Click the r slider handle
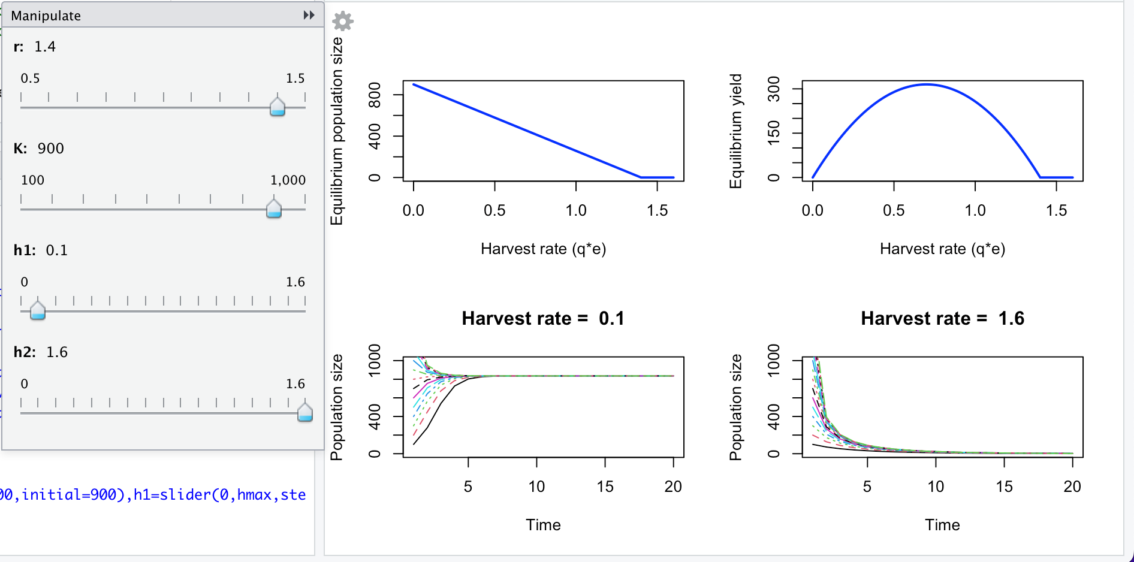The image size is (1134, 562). [277, 107]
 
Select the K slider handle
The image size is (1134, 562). [274, 209]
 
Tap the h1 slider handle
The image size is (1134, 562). [38, 310]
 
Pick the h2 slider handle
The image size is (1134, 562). [305, 412]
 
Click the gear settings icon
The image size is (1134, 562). [343, 21]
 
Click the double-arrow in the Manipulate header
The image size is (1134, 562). [309, 15]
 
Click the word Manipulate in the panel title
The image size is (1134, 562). [46, 16]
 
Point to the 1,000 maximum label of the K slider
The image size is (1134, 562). [288, 180]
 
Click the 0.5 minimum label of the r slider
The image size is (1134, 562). [30, 78]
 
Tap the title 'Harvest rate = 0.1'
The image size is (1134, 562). [543, 318]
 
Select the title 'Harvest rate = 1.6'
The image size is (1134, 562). [942, 318]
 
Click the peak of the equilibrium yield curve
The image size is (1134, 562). [927, 84]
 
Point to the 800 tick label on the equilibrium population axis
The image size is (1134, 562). [375, 95]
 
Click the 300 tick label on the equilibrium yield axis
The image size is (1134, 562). [774, 89]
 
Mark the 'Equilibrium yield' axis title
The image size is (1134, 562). [735, 131]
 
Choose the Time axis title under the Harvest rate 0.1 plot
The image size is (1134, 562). [543, 525]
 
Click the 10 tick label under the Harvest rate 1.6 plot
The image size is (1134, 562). [936, 487]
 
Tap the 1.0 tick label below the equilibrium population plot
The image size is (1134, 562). [576, 210]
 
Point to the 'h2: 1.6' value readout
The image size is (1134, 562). [41, 352]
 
